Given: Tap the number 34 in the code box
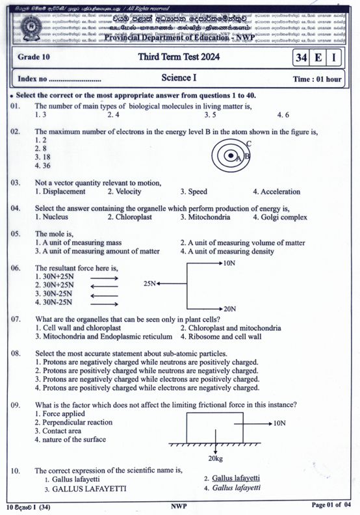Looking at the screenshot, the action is pyautogui.click(x=300, y=58).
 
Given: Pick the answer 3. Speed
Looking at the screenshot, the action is pyautogui.click(x=194, y=192).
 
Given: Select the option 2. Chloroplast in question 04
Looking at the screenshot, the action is pyautogui.click(x=129, y=217).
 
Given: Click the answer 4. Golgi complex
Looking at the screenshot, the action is pyautogui.click(x=279, y=217).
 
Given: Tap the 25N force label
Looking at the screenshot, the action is pyautogui.click(x=149, y=284).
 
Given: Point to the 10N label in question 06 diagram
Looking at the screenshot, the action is pyautogui.click(x=229, y=263).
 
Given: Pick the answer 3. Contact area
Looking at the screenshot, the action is pyautogui.click(x=58, y=430).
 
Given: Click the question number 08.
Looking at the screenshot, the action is pyautogui.click(x=17, y=352).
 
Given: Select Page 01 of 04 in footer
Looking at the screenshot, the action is pyautogui.click(x=331, y=505).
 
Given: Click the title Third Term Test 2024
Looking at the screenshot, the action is pyautogui.click(x=179, y=58).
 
